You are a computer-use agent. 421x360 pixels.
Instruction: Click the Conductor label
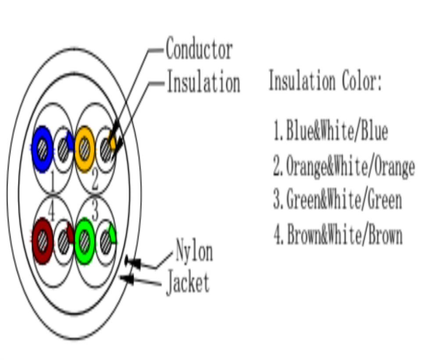point(199,48)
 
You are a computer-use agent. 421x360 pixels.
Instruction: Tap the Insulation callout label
point(203,82)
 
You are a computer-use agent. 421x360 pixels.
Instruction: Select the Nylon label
point(194,251)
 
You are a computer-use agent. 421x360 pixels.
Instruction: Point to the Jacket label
point(188,282)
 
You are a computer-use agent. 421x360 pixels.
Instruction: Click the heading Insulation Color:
point(325,80)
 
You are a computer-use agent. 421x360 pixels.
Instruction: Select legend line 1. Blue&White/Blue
point(331,131)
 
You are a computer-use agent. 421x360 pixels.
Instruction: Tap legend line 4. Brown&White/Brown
point(338,234)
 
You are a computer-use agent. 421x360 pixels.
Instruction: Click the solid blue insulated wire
point(42,149)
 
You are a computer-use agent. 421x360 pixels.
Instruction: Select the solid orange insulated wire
point(85,149)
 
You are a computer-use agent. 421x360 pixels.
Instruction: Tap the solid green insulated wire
point(85,241)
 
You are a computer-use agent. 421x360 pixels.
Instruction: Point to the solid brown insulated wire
point(42,241)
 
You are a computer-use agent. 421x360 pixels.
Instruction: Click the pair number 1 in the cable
point(53,181)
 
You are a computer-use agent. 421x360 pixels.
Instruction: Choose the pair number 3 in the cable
point(95,211)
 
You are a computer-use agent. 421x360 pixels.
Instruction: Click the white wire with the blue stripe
point(64,149)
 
